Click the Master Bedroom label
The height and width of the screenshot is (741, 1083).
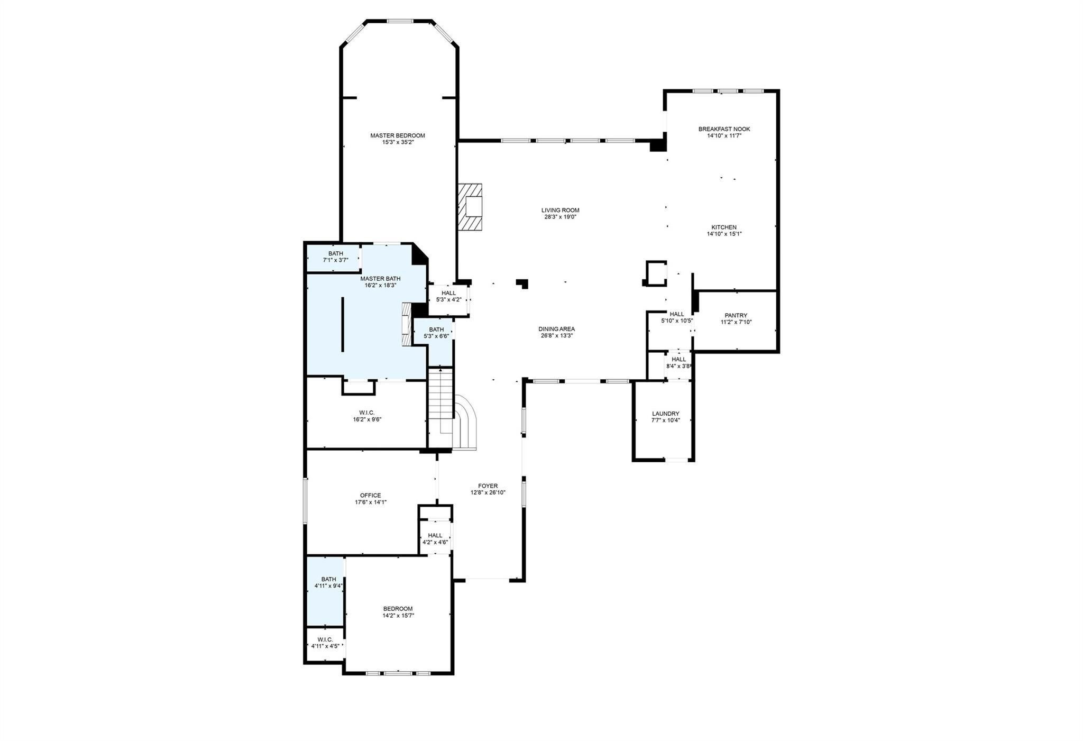click(x=397, y=135)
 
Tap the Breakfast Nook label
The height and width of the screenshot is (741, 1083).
click(x=724, y=129)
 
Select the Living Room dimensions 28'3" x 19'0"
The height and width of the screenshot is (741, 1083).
click(x=560, y=217)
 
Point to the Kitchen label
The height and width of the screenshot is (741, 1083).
click(x=724, y=227)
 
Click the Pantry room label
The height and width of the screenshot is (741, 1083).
click(x=736, y=316)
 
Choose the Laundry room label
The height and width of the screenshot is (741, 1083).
click(x=665, y=414)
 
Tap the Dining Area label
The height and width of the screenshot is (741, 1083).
click(x=556, y=329)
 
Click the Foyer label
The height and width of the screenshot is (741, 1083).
click(x=488, y=486)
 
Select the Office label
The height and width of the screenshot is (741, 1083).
click(x=370, y=496)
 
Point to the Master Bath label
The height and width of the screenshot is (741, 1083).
click(x=380, y=279)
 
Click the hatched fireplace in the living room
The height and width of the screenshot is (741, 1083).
click(x=470, y=207)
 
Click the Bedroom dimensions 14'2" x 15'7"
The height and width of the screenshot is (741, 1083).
click(x=398, y=615)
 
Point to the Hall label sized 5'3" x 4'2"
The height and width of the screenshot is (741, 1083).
click(x=448, y=293)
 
